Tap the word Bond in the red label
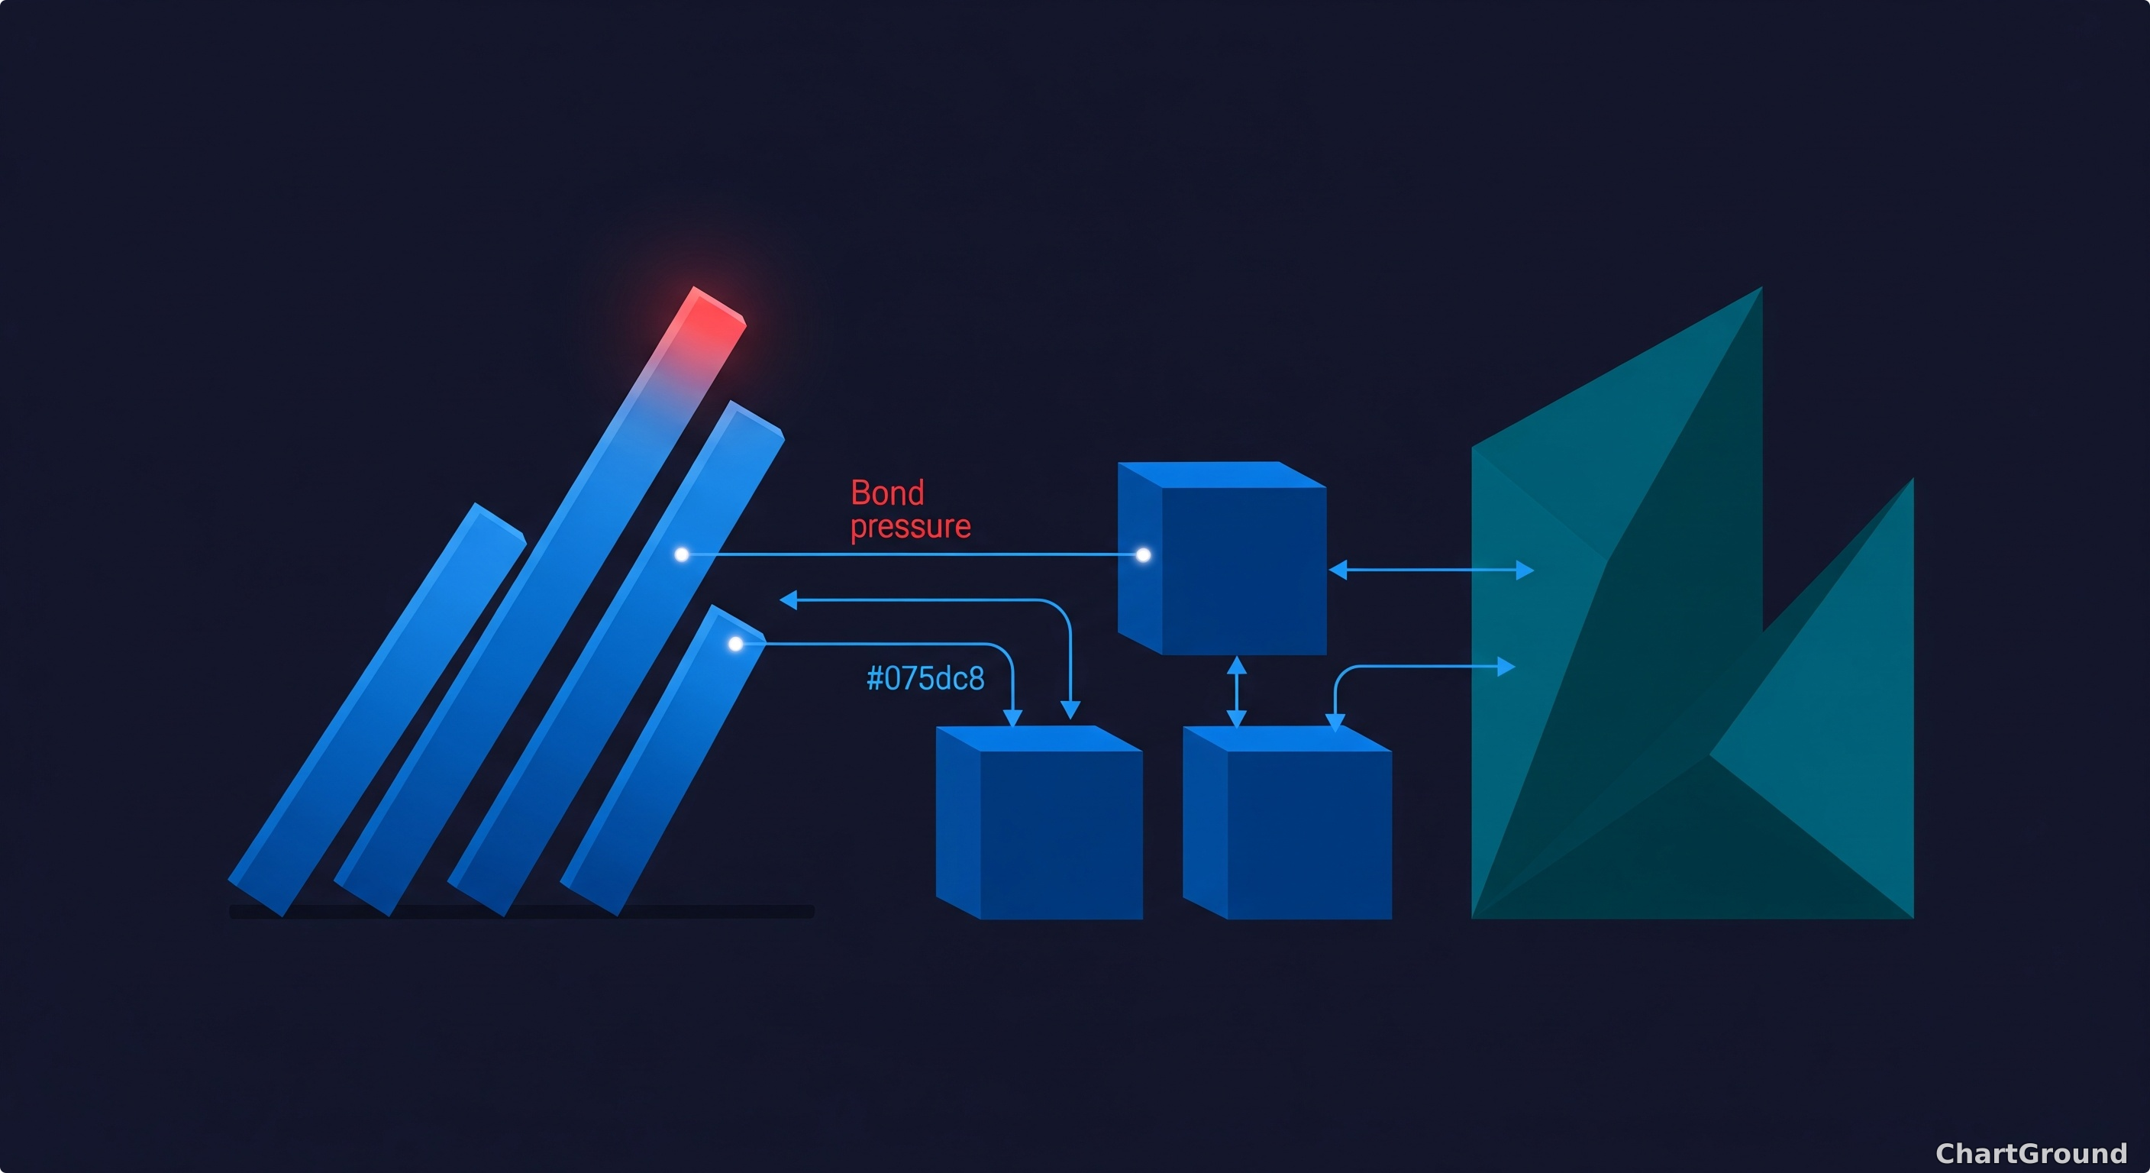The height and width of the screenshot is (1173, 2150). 887,493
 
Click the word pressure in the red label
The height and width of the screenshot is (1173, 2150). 911,527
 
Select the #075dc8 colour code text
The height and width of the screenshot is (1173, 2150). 925,679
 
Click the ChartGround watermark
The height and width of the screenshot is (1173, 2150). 2031,1153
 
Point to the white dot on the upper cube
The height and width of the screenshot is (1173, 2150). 1144,554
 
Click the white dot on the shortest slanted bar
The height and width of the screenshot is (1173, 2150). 735,644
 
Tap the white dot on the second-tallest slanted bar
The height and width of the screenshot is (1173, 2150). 682,554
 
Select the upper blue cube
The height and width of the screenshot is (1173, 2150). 1222,557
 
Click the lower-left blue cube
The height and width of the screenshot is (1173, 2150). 1039,822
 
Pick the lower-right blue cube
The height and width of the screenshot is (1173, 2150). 1287,822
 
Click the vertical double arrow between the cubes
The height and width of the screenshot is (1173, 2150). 1236,691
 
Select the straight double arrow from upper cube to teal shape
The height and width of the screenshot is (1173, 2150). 1431,570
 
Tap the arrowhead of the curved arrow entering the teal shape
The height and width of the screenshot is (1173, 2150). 1506,666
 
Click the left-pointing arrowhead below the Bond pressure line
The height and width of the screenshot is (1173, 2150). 788,599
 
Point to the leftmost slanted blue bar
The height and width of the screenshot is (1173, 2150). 377,709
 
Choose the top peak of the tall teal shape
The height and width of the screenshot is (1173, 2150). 1761,288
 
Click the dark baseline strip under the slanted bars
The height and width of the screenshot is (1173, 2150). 521,912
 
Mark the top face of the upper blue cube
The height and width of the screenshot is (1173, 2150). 1222,474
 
